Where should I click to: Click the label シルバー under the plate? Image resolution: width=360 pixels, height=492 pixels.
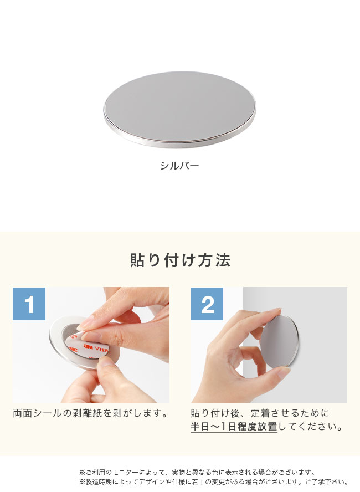click(179, 166)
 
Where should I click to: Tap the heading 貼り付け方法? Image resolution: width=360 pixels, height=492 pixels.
click(180, 260)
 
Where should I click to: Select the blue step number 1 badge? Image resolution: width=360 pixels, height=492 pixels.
click(29, 304)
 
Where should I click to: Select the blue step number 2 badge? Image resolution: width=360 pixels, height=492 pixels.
click(207, 304)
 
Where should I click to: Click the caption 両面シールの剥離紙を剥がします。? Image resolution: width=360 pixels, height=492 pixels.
click(90, 413)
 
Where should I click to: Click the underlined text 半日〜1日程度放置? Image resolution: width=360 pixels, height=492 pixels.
click(234, 427)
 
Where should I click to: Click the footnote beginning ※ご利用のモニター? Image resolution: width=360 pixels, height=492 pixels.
click(197, 473)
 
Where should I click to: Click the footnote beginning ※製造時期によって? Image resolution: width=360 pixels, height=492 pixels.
click(213, 482)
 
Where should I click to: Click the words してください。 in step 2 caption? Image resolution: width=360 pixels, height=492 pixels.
click(310, 427)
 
